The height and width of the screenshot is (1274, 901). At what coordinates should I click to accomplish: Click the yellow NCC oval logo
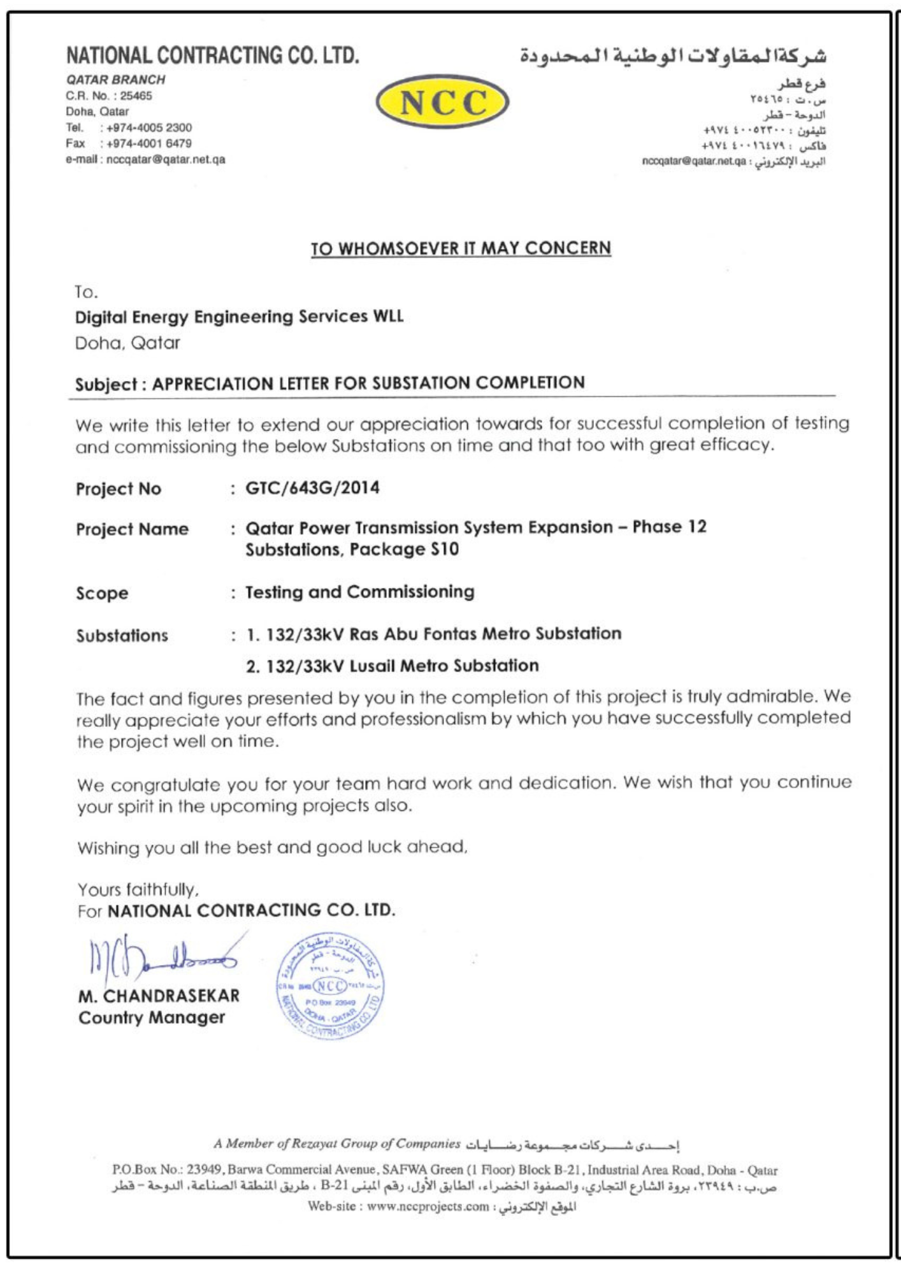click(x=442, y=102)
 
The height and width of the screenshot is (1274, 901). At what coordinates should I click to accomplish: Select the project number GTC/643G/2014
click(x=312, y=488)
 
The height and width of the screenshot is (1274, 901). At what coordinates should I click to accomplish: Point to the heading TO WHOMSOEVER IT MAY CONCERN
click(x=461, y=248)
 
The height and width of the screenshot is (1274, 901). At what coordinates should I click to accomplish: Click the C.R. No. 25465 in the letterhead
click(x=109, y=96)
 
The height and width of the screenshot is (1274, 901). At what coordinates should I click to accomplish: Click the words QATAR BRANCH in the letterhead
click(x=116, y=80)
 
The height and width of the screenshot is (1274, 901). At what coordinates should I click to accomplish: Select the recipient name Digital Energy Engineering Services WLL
click(x=239, y=317)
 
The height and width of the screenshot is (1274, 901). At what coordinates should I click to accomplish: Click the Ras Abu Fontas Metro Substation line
click(x=433, y=634)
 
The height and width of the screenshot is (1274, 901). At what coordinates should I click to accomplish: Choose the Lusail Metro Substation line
click(x=392, y=666)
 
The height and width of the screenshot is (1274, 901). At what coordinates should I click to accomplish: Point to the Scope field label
click(x=102, y=593)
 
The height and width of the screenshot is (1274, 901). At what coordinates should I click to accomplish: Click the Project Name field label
click(x=132, y=529)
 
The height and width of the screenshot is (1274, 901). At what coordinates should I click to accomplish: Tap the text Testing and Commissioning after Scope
click(x=360, y=592)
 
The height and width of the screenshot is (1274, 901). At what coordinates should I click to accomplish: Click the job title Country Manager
click(x=152, y=1017)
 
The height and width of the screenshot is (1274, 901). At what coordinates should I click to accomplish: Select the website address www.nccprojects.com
click(x=428, y=1206)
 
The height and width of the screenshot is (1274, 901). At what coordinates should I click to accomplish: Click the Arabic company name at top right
click(x=673, y=56)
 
